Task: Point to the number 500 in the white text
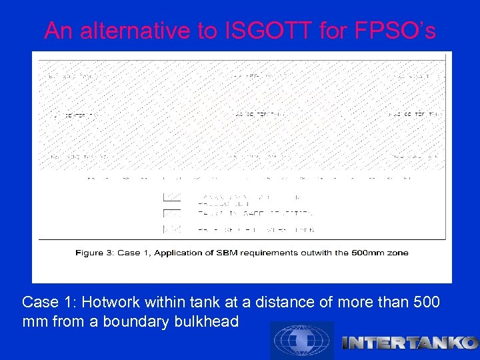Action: point(427,302)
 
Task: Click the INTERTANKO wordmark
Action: point(409,343)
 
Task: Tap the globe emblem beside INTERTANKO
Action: point(301,341)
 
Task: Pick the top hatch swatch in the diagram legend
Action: point(172,198)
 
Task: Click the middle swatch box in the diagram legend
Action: point(172,213)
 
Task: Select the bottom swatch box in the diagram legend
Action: point(172,229)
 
